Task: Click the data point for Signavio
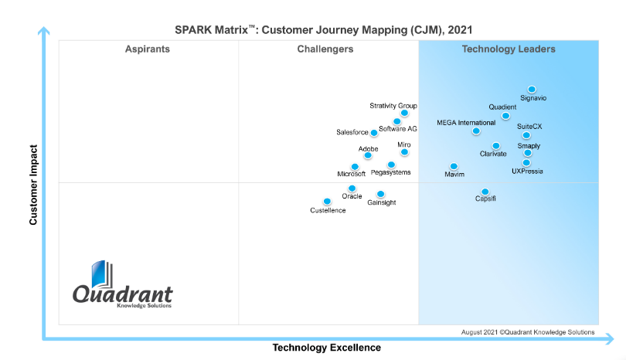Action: click(532, 90)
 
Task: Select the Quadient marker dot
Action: click(505, 116)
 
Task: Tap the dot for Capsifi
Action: click(485, 192)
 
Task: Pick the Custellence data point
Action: click(327, 202)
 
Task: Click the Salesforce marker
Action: click(374, 133)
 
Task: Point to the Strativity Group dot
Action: click(404, 113)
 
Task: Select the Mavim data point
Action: click(454, 166)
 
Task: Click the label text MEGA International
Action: click(466, 123)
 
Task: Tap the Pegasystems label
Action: click(391, 172)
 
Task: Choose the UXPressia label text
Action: click(527, 171)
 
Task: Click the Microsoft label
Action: click(351, 174)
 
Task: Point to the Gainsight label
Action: click(382, 202)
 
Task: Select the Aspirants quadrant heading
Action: click(148, 49)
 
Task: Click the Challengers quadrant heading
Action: click(325, 49)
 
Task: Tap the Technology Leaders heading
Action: click(509, 49)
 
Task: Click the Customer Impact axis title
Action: click(34, 183)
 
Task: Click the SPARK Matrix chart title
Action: click(323, 30)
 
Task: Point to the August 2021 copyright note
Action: click(528, 332)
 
